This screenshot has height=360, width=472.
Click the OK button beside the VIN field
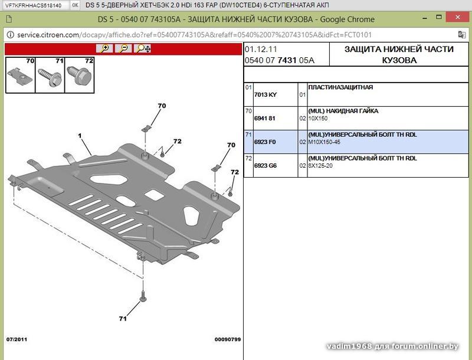click(x=76, y=5)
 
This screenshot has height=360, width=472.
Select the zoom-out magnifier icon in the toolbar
click(x=123, y=48)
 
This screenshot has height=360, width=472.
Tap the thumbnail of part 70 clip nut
click(x=21, y=75)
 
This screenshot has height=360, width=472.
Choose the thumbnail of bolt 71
click(x=50, y=75)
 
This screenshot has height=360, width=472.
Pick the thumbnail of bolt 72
click(x=79, y=75)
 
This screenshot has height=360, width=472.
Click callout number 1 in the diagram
click(x=80, y=136)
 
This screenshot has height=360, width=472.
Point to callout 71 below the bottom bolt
click(x=123, y=319)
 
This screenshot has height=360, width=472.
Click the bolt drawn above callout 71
click(x=142, y=297)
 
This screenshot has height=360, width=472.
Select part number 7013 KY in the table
click(x=265, y=94)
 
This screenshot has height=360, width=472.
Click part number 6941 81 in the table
click(x=265, y=118)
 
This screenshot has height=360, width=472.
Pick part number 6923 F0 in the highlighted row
click(x=265, y=142)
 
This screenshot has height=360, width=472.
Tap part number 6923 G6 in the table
click(x=265, y=165)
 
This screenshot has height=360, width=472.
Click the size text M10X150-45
click(x=324, y=142)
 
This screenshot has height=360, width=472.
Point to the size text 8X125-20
click(x=320, y=165)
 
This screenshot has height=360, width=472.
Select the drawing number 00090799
click(x=227, y=339)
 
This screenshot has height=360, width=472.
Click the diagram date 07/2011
click(x=18, y=339)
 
